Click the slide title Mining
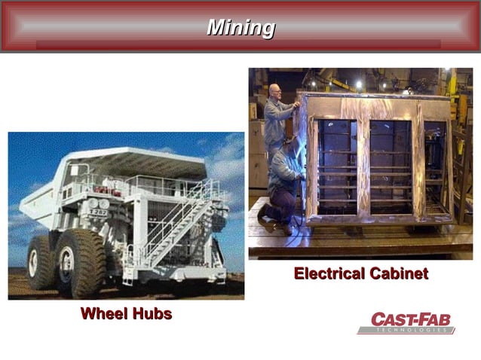(x=240, y=27)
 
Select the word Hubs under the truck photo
(x=152, y=313)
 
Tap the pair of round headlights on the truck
(x=99, y=203)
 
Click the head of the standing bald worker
(x=274, y=90)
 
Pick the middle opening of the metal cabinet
(x=390, y=166)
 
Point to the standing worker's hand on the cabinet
(x=296, y=105)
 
